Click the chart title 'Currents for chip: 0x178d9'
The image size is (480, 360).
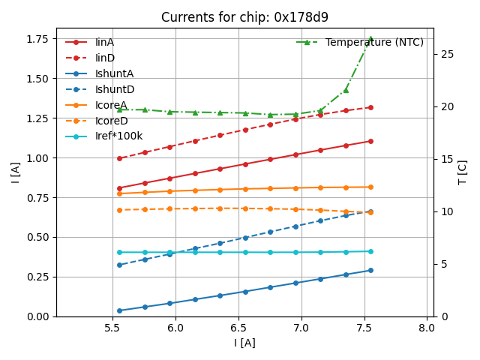coord(244,17)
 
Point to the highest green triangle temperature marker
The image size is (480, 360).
coord(370,39)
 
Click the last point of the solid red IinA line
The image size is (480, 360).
coord(370,141)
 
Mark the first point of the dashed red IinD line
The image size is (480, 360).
coord(119,158)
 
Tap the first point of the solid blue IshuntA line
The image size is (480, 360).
coord(119,310)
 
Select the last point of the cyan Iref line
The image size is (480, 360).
coord(370,251)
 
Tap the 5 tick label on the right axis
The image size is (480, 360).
coord(442,264)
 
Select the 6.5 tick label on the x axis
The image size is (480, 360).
coord(238,328)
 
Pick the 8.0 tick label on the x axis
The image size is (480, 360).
coord(427,328)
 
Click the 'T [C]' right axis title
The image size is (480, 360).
coord(463,172)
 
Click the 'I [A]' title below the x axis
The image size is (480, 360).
coord(244,343)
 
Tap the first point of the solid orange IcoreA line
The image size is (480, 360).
coord(119,193)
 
